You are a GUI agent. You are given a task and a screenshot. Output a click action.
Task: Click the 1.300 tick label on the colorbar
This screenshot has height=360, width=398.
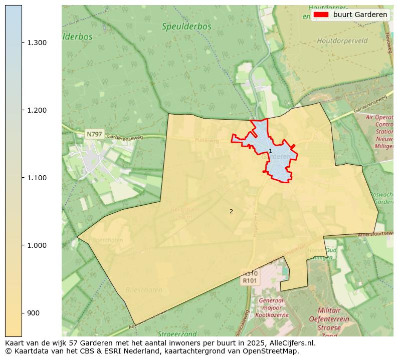click(x=37, y=43)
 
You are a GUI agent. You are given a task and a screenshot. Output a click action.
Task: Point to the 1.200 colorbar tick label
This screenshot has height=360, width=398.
click(x=37, y=110)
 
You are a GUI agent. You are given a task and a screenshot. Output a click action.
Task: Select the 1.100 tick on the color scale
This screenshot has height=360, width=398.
click(x=37, y=178)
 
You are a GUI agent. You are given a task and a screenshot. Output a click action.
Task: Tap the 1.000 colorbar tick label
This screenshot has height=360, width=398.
click(x=37, y=245)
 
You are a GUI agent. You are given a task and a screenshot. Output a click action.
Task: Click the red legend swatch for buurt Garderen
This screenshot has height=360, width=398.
click(x=321, y=15)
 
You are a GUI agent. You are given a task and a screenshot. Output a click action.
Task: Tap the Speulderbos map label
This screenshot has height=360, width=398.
click(x=186, y=27)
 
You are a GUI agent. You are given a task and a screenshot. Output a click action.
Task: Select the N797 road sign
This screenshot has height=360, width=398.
click(x=94, y=134)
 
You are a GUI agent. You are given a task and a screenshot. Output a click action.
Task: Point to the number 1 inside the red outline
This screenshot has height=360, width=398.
click(x=270, y=151)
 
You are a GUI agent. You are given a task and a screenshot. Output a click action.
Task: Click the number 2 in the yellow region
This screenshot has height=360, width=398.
click(x=231, y=211)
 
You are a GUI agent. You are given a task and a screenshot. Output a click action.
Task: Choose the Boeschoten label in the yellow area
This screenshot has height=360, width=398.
click(x=144, y=290)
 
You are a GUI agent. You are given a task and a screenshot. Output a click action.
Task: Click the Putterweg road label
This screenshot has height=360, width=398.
click(x=207, y=141)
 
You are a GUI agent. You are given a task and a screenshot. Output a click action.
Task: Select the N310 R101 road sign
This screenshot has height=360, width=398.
click(x=250, y=277)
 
